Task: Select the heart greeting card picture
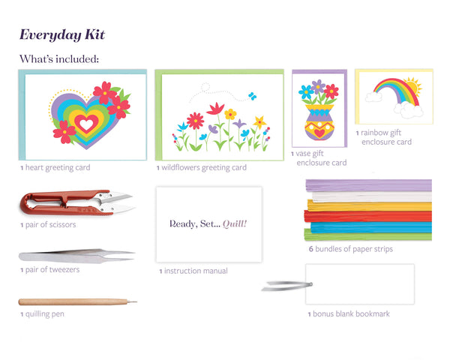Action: [x=84, y=115]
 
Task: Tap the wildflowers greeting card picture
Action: [x=220, y=115]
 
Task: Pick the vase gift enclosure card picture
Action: [x=319, y=113]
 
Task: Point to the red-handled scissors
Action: [x=75, y=202]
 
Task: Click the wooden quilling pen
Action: [x=77, y=302]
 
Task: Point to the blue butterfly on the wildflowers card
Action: [x=252, y=96]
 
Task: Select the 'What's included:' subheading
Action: [x=59, y=58]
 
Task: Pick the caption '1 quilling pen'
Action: [x=42, y=314]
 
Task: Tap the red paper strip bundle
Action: [x=367, y=216]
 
